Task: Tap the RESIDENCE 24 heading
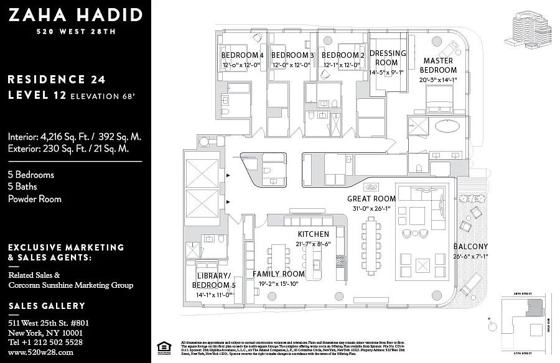57,79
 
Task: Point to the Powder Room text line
35,199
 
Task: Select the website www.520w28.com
41,352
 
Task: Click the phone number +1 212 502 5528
45,342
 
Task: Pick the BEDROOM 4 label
243,55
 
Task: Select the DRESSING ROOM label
387,58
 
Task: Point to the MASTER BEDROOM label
438,65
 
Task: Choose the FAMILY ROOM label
279,273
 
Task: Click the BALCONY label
470,246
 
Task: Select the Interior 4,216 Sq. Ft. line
75,137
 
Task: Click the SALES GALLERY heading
47,306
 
